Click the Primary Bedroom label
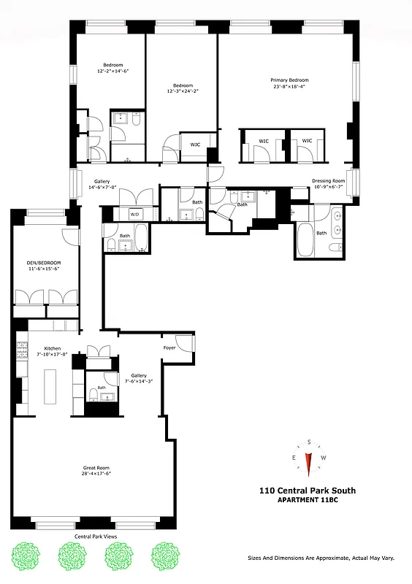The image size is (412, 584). pos(289,80)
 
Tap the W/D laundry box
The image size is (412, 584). pos(135,215)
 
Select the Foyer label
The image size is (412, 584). pos(169,347)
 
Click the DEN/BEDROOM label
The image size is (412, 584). pos(45,263)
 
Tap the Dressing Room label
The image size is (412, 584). pos(328,180)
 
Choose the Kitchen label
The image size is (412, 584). pos(52,348)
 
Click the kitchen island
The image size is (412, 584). pos(50,385)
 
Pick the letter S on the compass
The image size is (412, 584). pos(310,442)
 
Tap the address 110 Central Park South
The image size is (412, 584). pos(312,491)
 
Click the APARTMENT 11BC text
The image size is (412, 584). pos(312,500)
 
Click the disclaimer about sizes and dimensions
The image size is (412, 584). pos(321,557)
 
